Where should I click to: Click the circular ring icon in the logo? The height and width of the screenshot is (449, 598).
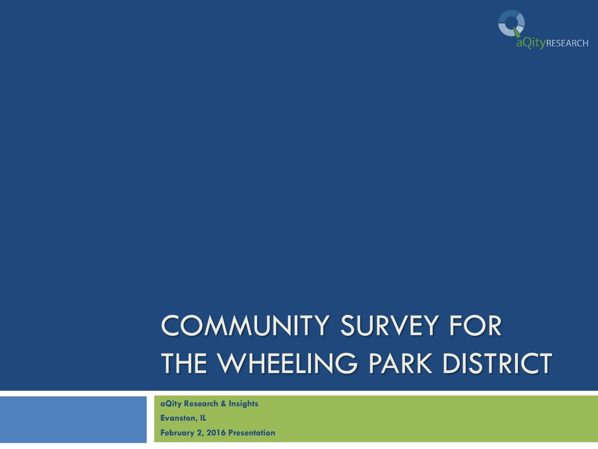[x=511, y=23]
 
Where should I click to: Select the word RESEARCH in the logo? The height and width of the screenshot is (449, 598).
[x=567, y=43]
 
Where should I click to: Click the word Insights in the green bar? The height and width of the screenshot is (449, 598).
[x=243, y=404]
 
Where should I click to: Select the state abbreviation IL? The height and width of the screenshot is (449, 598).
[x=203, y=418]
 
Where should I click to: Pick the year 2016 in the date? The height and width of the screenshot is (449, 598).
[x=216, y=433]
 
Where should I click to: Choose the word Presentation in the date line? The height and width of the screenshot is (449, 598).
[x=252, y=433]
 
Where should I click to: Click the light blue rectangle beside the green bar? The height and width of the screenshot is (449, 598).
[x=73, y=419]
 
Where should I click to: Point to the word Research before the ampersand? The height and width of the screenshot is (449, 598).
[x=201, y=404]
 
